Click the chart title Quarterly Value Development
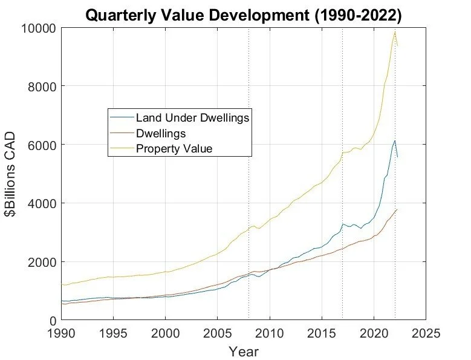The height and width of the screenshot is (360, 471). tap(243, 15)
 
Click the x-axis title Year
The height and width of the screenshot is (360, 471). tap(244, 351)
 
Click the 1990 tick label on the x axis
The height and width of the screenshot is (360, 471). tap(62, 333)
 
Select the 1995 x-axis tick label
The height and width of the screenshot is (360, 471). tap(114, 333)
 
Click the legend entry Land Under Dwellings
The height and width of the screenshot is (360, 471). tap(192, 117)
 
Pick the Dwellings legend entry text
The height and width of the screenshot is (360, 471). tap(160, 133)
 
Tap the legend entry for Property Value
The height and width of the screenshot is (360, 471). tap(174, 148)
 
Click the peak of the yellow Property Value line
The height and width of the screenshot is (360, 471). tap(395, 32)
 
